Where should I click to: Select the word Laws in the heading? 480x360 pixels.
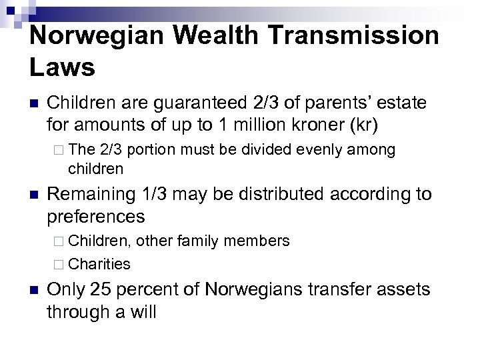pos(63,66)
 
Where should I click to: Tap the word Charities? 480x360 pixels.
pos(99,264)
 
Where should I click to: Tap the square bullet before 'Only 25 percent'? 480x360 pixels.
pos(33,290)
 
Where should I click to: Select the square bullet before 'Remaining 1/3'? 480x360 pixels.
pos(33,195)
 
